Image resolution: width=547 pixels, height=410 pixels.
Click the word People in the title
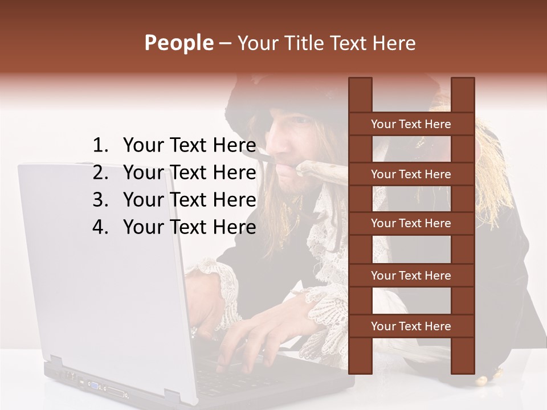(x=178, y=43)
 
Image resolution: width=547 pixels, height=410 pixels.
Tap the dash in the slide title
(x=224, y=43)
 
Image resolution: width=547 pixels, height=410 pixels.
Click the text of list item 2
(x=189, y=173)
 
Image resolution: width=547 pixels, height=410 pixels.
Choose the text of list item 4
(x=189, y=227)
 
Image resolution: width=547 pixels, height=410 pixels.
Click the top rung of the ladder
(x=411, y=124)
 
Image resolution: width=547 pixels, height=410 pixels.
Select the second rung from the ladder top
(x=411, y=174)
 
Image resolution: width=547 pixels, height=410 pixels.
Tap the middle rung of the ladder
(x=411, y=223)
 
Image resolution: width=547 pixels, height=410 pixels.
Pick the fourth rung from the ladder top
(x=411, y=276)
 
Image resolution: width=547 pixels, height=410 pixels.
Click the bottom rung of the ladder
(x=411, y=326)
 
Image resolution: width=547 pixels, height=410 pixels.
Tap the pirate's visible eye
(x=300, y=121)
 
